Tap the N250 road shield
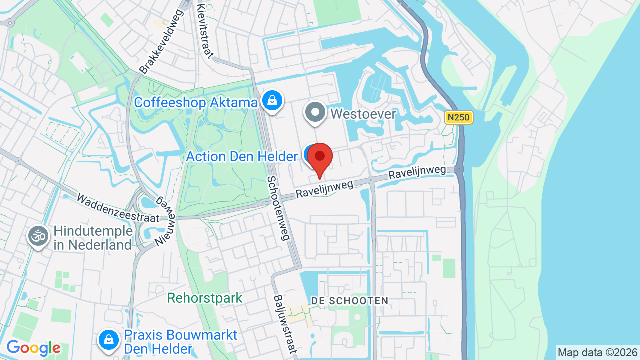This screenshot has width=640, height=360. pos(458,117)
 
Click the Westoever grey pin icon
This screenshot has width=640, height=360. pos(315,113)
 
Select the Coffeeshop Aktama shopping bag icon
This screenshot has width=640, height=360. pos(272,100)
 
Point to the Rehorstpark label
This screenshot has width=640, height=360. pos(204,298)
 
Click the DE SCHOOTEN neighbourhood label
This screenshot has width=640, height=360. pos(349,301)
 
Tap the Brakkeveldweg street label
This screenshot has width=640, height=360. pos(161,42)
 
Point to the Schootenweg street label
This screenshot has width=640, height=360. pos(278,208)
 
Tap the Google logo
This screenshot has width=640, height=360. pos(33,348)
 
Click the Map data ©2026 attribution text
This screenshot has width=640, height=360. pos(598,352)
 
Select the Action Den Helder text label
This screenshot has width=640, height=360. pos(242,156)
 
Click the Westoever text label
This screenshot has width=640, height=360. pos(363,114)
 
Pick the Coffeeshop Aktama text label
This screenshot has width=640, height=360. pos(196,103)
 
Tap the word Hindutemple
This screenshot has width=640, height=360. pos(93,231)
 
